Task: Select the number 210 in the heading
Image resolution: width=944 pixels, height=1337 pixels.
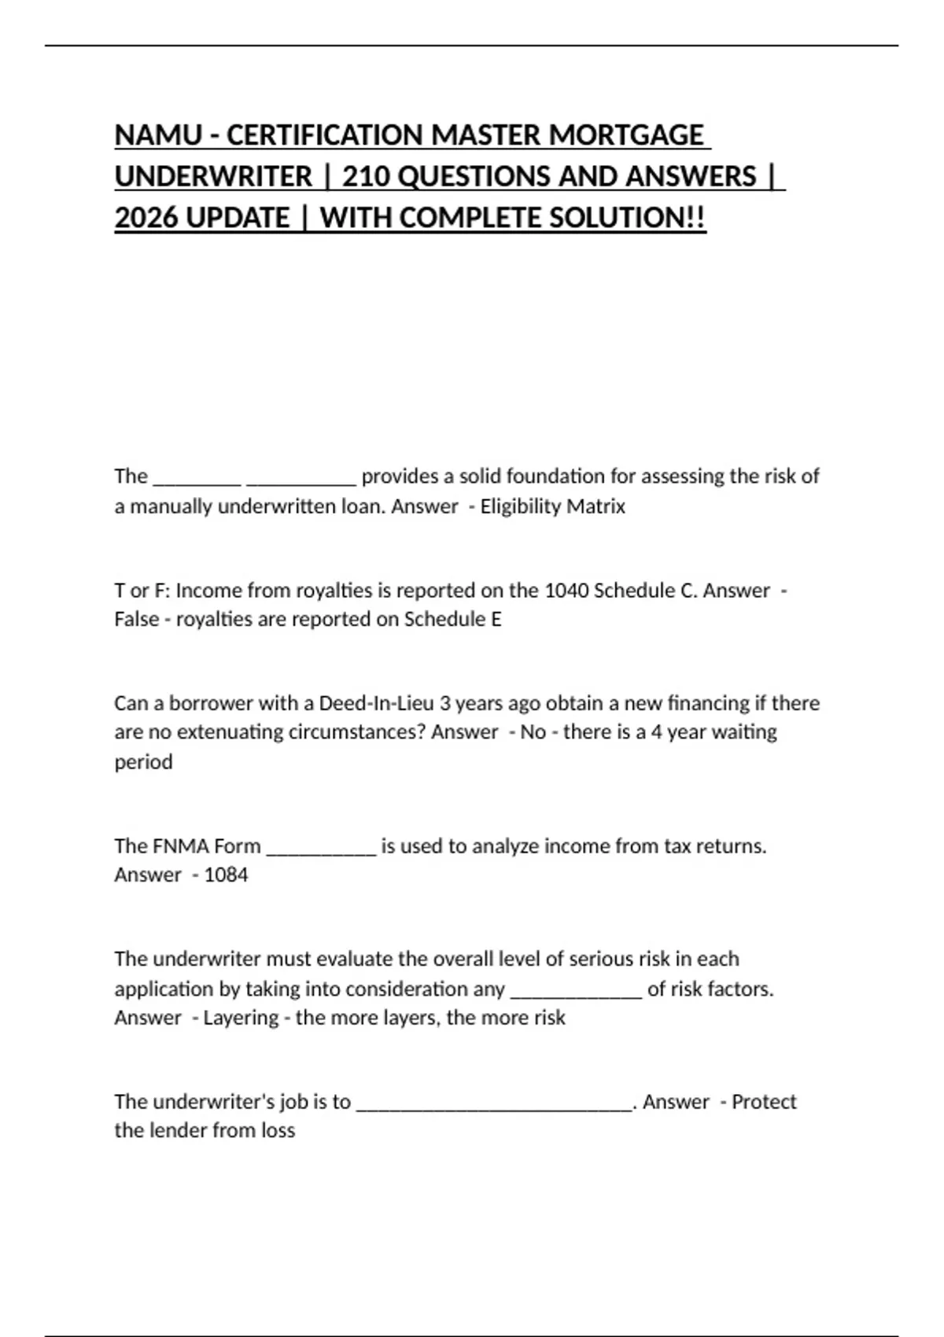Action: (366, 176)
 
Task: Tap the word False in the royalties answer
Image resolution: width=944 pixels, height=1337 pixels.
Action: (136, 620)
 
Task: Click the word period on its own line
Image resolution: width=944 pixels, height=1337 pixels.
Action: (143, 762)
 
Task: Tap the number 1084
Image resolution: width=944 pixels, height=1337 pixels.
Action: (226, 875)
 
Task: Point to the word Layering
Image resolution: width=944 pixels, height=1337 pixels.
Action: (241, 1018)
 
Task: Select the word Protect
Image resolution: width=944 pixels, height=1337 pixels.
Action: (764, 1102)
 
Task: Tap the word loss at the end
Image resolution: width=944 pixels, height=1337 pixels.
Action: (276, 1131)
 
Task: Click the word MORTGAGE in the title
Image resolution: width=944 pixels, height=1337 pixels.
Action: (626, 135)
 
